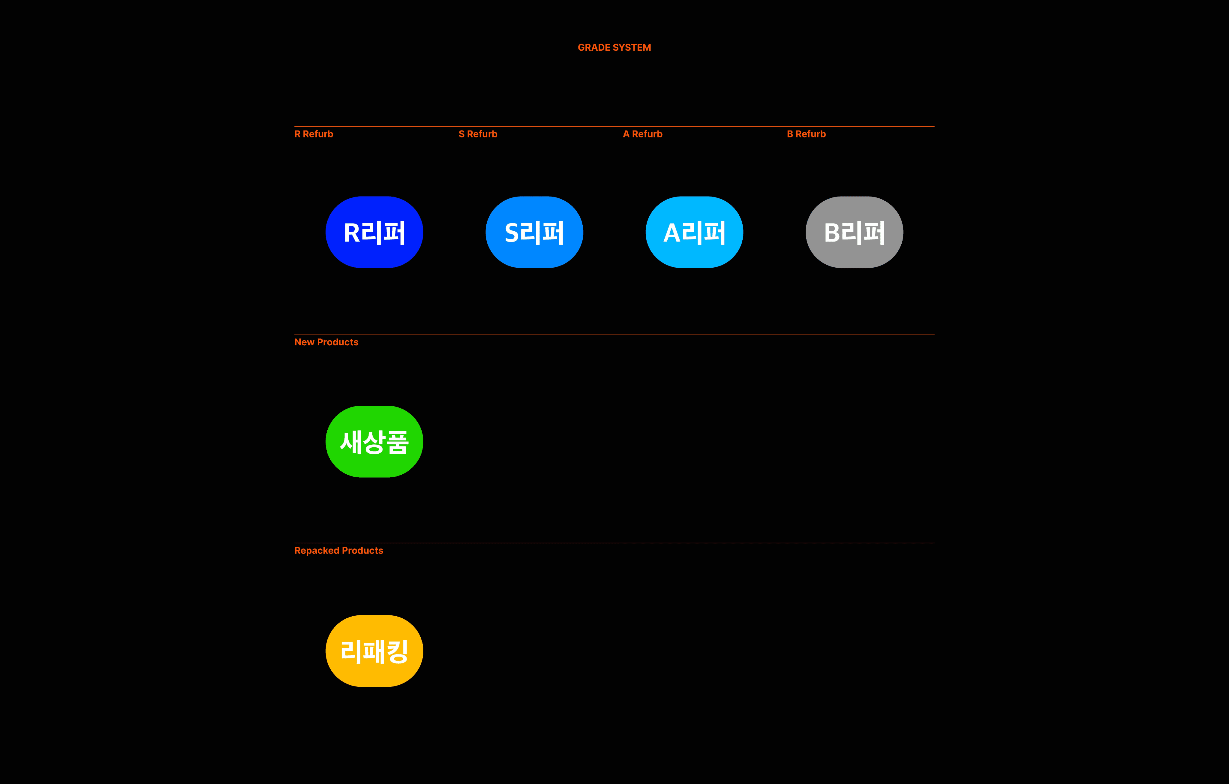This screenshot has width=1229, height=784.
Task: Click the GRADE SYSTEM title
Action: (614, 47)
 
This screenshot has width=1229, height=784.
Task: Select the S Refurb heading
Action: (478, 134)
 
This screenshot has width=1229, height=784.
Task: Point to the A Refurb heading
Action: (643, 134)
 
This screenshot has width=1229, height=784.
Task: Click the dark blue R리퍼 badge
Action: (374, 232)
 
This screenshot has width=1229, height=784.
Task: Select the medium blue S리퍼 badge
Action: (534, 232)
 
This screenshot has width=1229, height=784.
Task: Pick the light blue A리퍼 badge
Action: (694, 232)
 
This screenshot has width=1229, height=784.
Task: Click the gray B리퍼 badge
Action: (854, 232)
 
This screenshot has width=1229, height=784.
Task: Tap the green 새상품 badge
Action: (374, 442)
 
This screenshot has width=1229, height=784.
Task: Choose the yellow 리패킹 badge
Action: (374, 651)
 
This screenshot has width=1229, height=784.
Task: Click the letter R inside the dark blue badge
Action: (353, 233)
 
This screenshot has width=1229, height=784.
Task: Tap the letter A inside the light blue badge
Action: (672, 233)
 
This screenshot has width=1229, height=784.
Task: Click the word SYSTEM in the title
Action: (633, 47)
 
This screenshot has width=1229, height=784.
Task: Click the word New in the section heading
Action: (304, 342)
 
